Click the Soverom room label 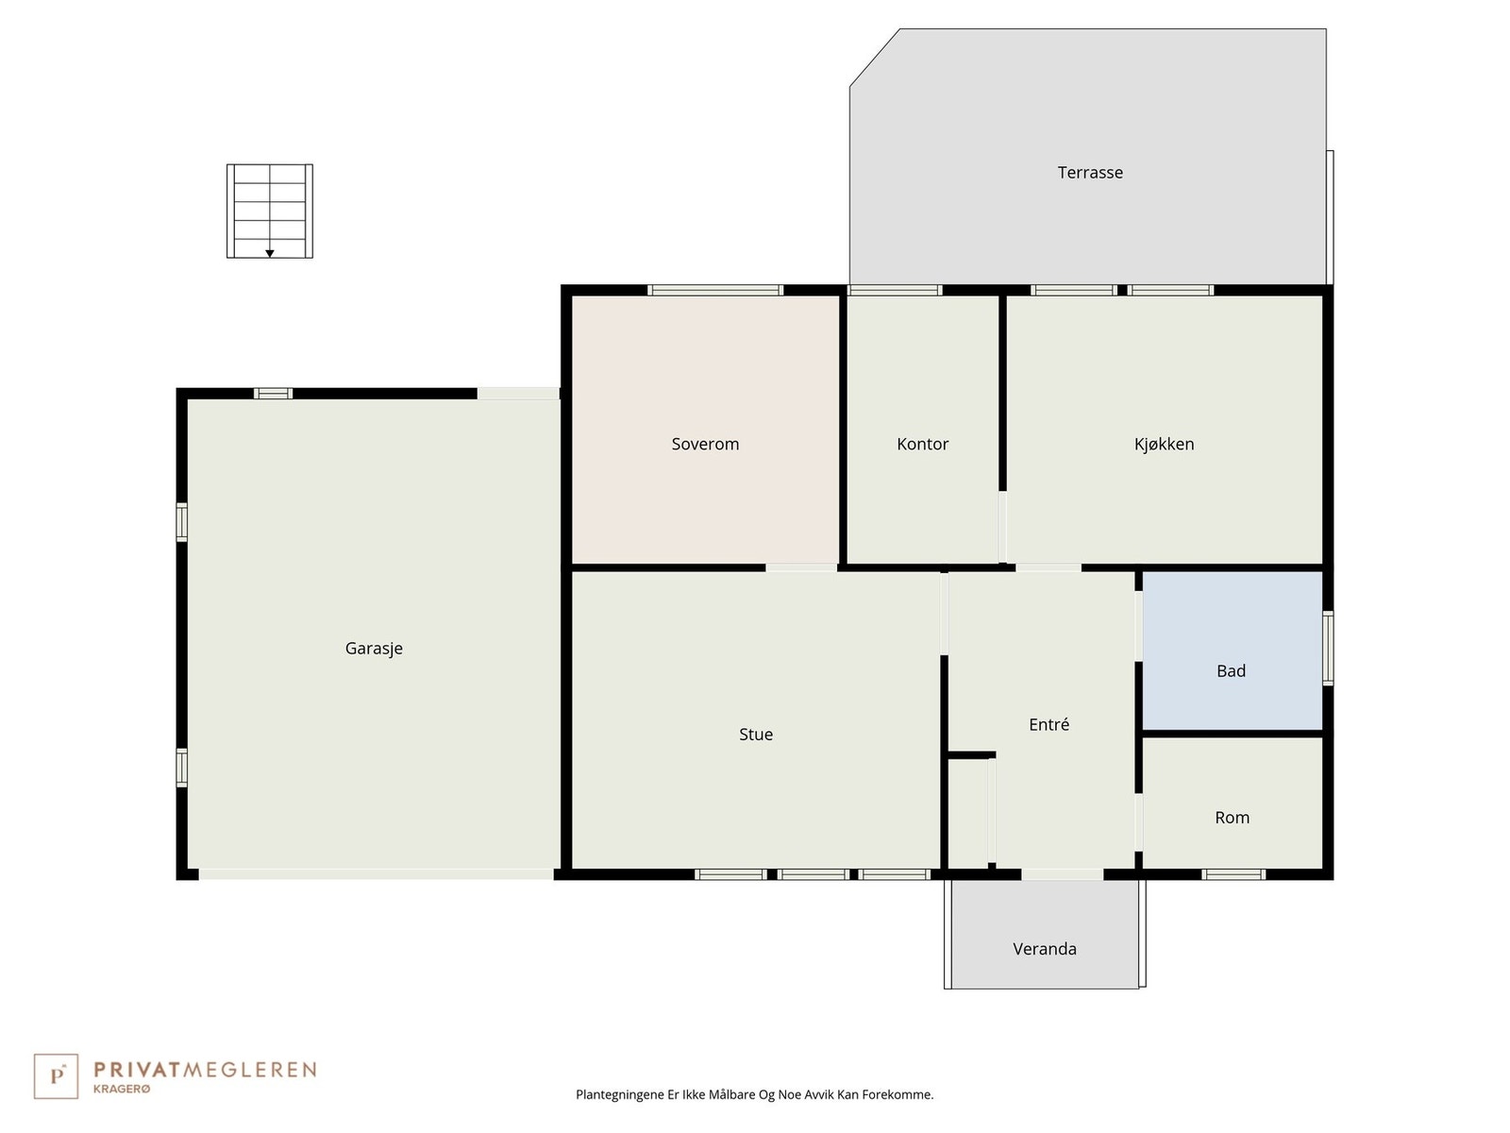pyautogui.click(x=705, y=444)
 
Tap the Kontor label pyautogui.click(x=922, y=444)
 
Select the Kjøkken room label pyautogui.click(x=1164, y=444)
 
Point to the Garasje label pyautogui.click(x=374, y=649)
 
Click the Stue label pyautogui.click(x=756, y=735)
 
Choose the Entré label pyautogui.click(x=1049, y=725)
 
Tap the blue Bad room pyautogui.click(x=1232, y=651)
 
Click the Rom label pyautogui.click(x=1232, y=818)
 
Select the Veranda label pyautogui.click(x=1045, y=949)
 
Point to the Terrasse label pyautogui.click(x=1090, y=173)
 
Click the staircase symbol pyautogui.click(x=270, y=211)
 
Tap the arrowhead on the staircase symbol pyautogui.click(x=270, y=253)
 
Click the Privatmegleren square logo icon pyautogui.click(x=56, y=1076)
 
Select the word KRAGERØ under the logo pyautogui.click(x=122, y=1090)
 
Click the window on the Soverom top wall pyautogui.click(x=715, y=291)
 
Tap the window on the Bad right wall pyautogui.click(x=1328, y=648)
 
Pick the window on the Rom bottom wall pyautogui.click(x=1233, y=874)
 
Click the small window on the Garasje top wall pyautogui.click(x=273, y=394)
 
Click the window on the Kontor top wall pyautogui.click(x=895, y=291)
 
